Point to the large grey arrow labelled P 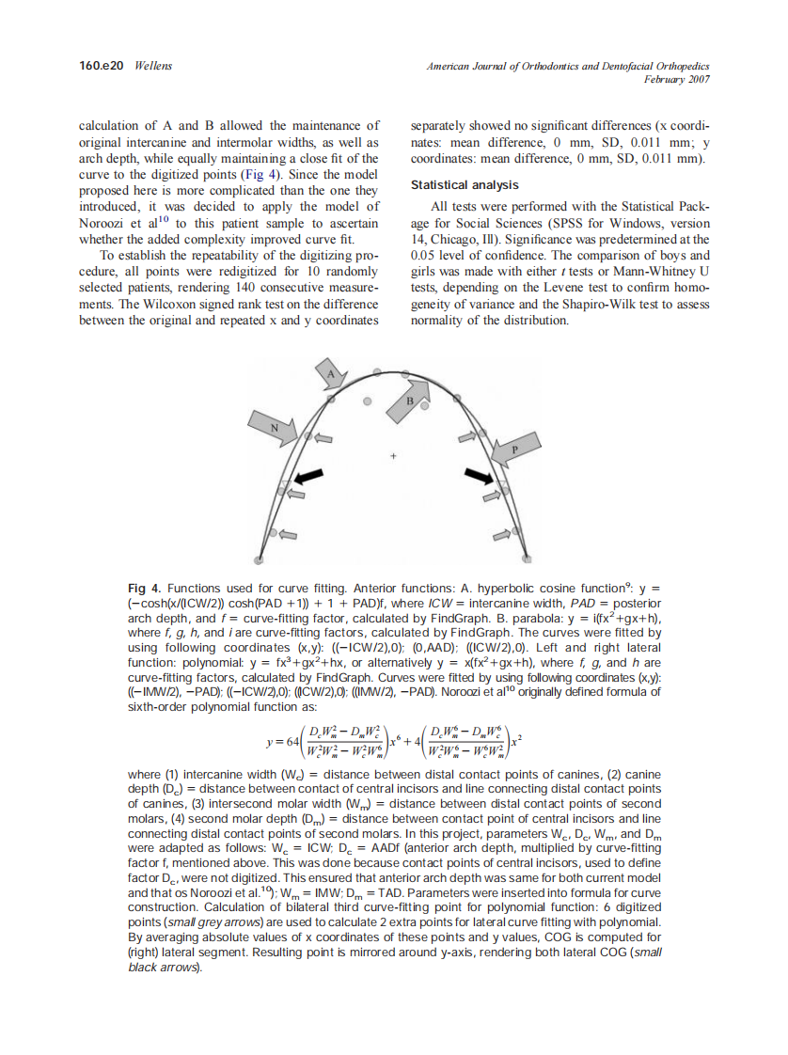511,449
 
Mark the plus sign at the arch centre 394,458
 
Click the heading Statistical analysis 465,185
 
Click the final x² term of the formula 516,741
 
